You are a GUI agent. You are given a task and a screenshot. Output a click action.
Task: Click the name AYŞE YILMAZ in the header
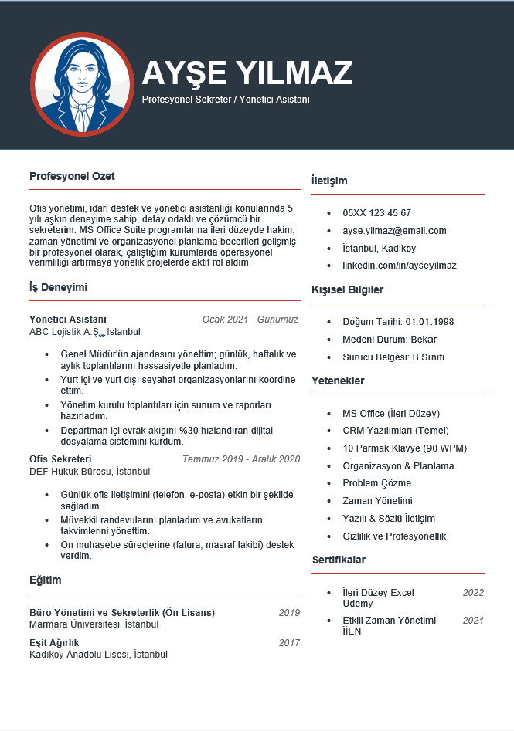coord(247,73)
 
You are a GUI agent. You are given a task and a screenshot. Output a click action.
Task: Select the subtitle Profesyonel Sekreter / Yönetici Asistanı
coord(226,100)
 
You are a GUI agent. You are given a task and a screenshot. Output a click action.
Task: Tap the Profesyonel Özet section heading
coord(72,176)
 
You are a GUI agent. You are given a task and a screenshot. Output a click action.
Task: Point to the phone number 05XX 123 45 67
coord(376,213)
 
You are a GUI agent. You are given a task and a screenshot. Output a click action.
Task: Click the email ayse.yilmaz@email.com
coord(394,231)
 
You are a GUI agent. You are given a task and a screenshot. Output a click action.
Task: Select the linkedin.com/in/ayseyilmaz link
coord(399,266)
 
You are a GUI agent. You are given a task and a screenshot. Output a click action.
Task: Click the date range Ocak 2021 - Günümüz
coord(250,320)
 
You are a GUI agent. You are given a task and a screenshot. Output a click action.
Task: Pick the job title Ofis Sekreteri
coord(60,459)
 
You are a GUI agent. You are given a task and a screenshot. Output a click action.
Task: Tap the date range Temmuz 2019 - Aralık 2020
coord(240,459)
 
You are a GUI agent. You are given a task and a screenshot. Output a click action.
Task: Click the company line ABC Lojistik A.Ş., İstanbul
coord(85,332)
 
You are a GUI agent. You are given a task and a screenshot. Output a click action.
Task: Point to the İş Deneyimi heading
coord(58,287)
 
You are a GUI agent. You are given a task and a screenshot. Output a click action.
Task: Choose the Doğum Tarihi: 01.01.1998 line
coord(398,322)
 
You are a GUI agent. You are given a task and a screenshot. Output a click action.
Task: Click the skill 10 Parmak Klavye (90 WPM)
coord(404,448)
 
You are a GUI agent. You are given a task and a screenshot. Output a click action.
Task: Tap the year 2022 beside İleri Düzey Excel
coord(473,593)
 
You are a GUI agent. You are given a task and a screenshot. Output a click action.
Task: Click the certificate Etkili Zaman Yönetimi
coord(389,621)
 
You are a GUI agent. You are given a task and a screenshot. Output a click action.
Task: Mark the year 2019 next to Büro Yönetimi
coord(289,613)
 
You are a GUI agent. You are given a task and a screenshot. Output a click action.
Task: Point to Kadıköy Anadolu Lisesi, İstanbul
coord(98,655)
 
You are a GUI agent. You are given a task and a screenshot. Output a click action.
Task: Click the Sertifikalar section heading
coord(339,560)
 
